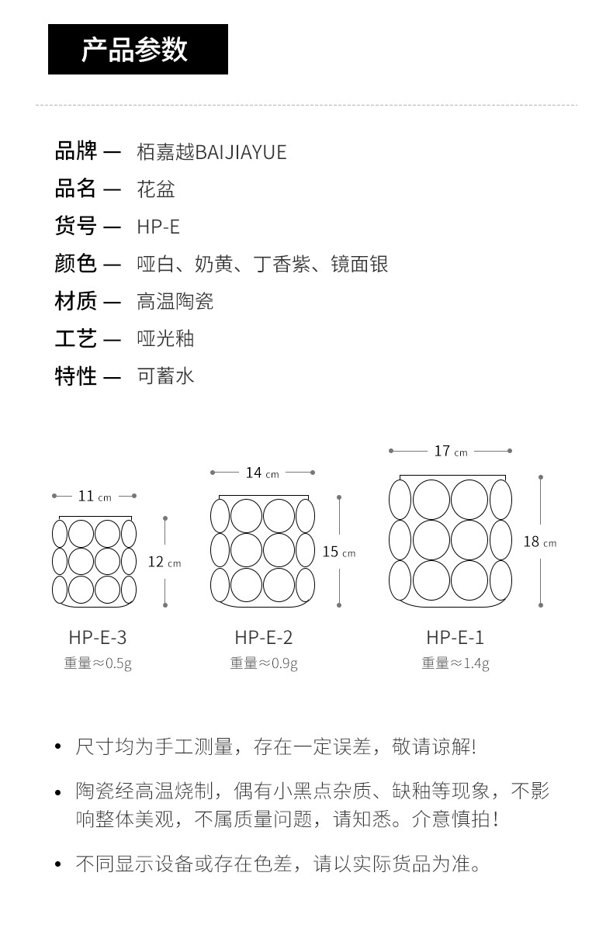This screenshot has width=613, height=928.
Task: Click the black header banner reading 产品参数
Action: (x=137, y=50)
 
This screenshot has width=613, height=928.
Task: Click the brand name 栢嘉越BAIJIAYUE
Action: (x=211, y=152)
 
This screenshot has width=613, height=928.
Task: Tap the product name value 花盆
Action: (x=156, y=189)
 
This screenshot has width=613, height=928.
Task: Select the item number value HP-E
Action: (x=158, y=227)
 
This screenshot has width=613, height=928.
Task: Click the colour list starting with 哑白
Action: (x=262, y=264)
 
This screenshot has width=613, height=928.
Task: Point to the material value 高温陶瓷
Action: (x=175, y=301)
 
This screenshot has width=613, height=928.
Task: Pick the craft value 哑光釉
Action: (x=165, y=338)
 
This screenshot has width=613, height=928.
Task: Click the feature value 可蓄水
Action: (x=165, y=376)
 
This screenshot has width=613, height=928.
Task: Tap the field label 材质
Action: (x=76, y=301)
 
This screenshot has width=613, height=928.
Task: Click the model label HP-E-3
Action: (x=97, y=638)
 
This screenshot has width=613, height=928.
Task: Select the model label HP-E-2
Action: (x=264, y=638)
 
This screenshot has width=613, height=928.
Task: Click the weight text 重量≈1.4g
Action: (x=455, y=663)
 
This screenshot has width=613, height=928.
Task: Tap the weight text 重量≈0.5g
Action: (x=98, y=663)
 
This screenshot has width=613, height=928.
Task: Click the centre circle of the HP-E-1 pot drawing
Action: (x=450, y=540)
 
